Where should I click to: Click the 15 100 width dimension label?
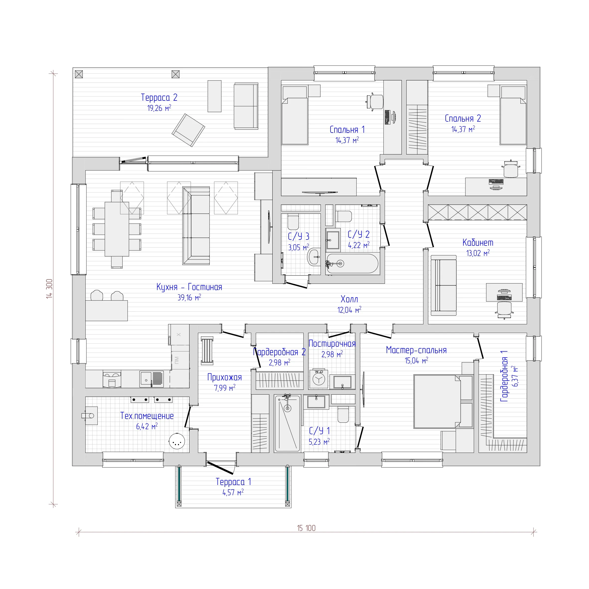[306, 528]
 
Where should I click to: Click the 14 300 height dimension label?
[49, 288]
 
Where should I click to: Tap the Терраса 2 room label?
[159, 97]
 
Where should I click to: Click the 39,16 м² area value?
[189, 297]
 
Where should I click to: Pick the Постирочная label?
[332, 343]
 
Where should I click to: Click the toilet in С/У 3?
[293, 222]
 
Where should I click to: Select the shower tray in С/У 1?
[287, 423]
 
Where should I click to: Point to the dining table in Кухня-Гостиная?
[117, 229]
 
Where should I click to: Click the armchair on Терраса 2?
[188, 130]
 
